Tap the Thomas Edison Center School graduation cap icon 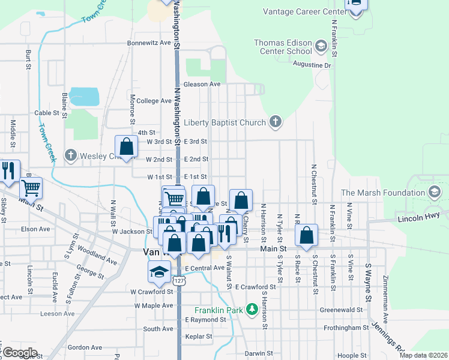[321, 46]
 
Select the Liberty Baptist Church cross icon [276, 122]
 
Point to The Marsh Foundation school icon [434, 193]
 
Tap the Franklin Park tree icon [253, 310]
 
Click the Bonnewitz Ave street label [149, 43]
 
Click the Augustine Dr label [312, 65]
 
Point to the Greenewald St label [341, 310]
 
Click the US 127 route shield [178, 281]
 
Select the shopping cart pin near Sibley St [31, 188]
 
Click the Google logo [20, 352]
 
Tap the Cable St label [47, 113]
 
